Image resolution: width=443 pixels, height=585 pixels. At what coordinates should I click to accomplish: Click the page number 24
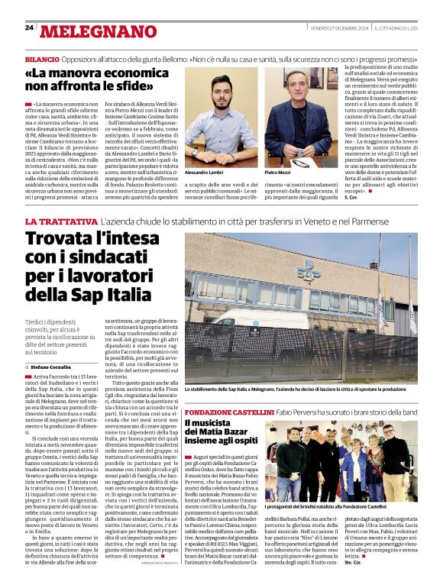coord(29,27)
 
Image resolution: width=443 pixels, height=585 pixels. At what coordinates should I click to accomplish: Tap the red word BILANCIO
coord(42,59)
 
